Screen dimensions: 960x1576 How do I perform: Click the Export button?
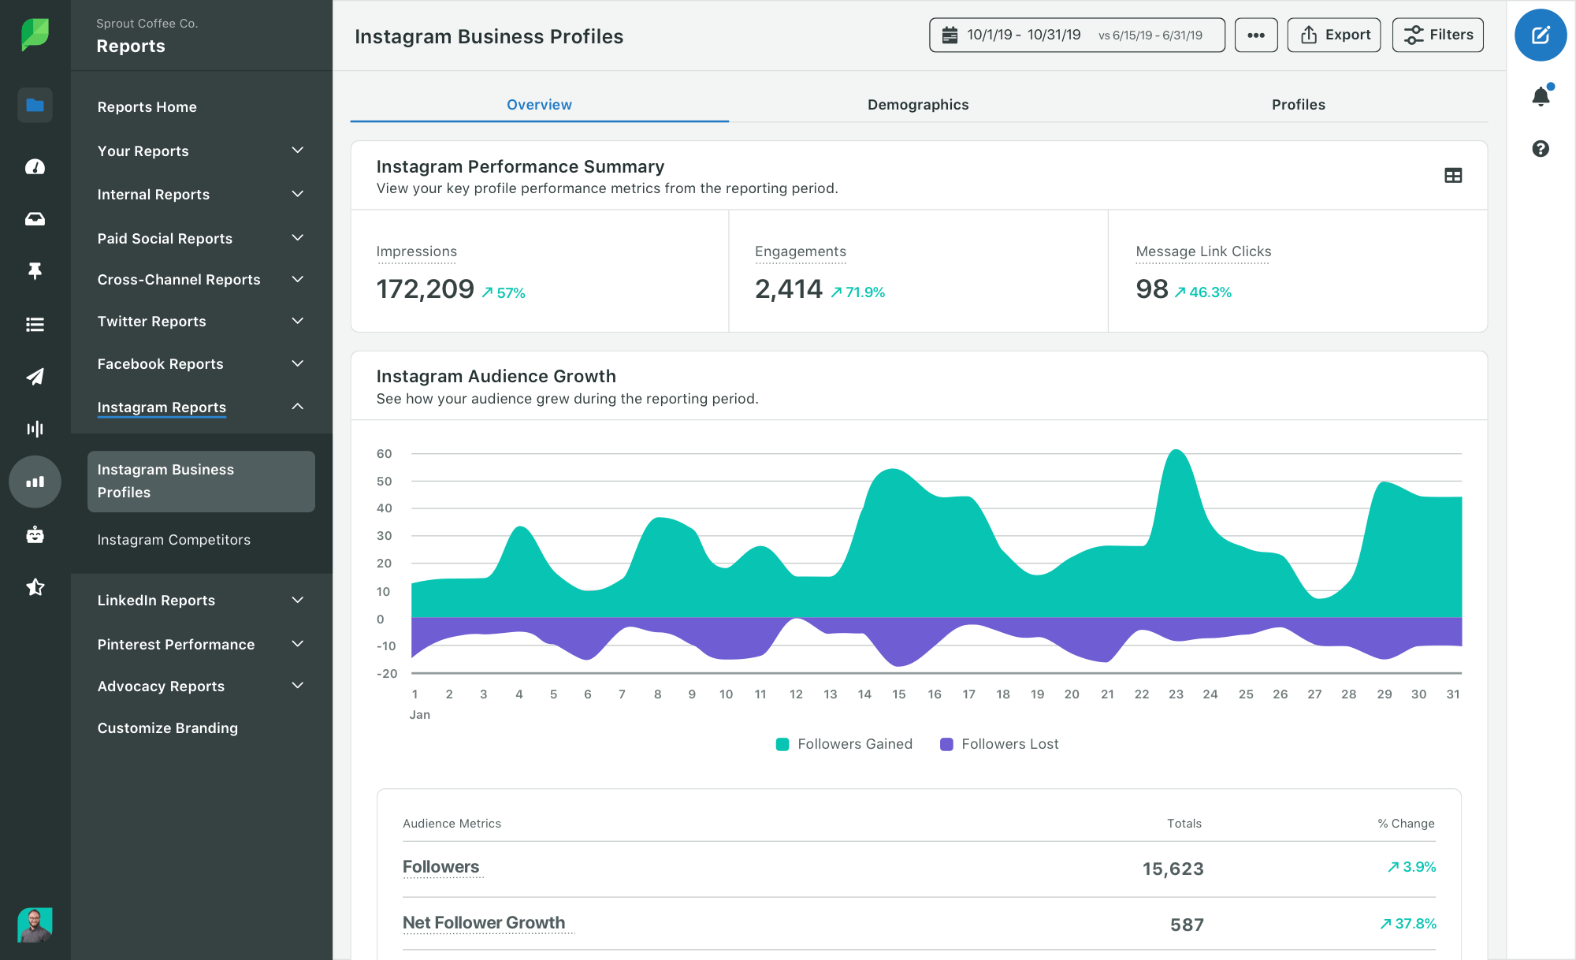1333,35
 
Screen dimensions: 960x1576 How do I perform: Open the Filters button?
1437,35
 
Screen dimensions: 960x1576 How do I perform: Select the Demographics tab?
917,105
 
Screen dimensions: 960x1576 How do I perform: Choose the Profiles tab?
1298,105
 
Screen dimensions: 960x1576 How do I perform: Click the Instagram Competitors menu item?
173,540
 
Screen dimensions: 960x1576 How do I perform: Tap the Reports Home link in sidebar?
147,107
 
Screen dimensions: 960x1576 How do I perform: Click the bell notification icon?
1540,96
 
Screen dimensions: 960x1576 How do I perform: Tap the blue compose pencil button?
1540,35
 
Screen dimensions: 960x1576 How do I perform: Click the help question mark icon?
1540,149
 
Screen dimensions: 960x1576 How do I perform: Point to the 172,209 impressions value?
425,289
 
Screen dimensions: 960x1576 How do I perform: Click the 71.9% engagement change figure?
864,292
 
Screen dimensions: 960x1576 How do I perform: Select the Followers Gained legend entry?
844,744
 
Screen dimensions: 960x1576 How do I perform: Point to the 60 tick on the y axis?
384,454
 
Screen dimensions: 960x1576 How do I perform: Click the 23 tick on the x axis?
1176,694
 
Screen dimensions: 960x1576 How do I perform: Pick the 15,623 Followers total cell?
1173,869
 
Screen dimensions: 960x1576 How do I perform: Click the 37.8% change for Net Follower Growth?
1414,924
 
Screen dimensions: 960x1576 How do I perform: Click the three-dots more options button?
1256,35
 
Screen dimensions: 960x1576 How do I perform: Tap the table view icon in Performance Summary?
1453,176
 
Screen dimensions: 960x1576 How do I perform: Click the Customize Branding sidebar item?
167,728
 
